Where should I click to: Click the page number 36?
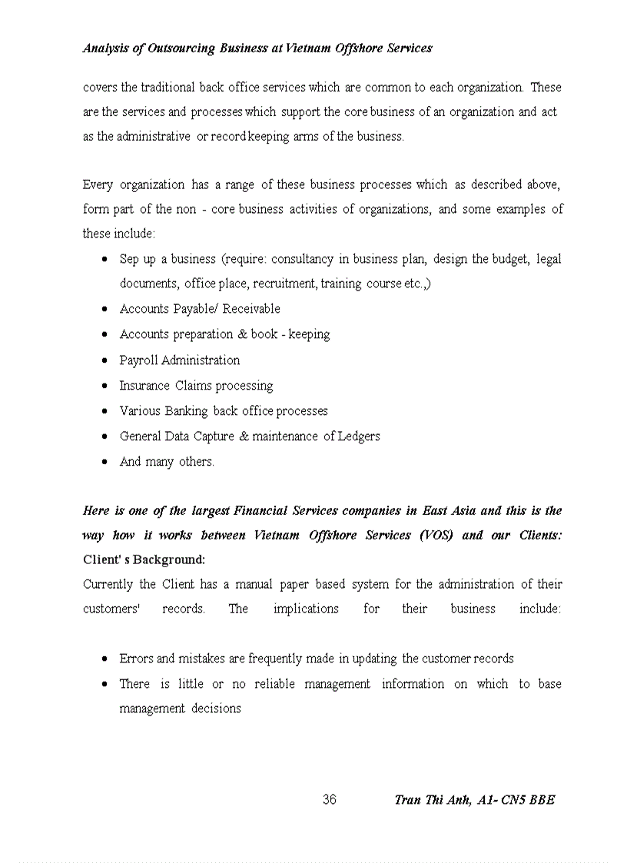pyautogui.click(x=329, y=800)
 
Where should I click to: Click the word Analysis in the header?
pyautogui.click(x=107, y=48)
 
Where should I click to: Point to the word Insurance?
pyautogui.click(x=144, y=386)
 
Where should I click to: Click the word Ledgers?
pyautogui.click(x=359, y=436)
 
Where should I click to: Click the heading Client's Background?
pyautogui.click(x=144, y=559)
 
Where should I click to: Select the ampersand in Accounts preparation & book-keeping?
pyautogui.click(x=242, y=334)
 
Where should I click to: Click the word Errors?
pyautogui.click(x=136, y=659)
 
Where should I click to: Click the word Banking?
pyautogui.click(x=186, y=411)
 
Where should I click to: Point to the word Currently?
pyautogui.click(x=108, y=584)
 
